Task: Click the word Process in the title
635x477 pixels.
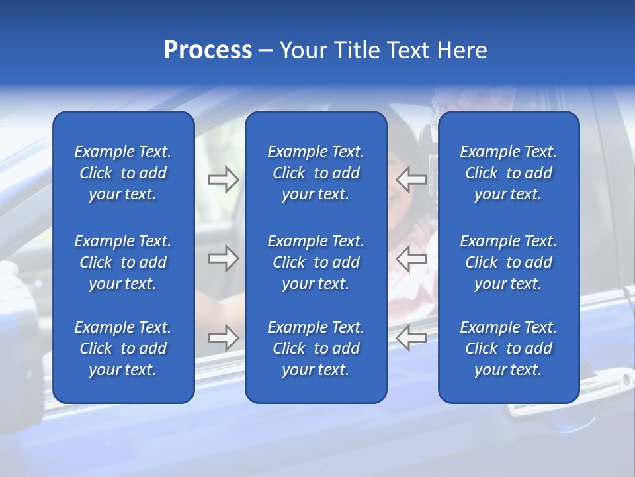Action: pyautogui.click(x=208, y=50)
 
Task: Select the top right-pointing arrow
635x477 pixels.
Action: pyautogui.click(x=224, y=179)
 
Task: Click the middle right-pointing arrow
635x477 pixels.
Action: pyautogui.click(x=224, y=258)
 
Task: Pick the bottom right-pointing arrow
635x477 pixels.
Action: pyautogui.click(x=224, y=338)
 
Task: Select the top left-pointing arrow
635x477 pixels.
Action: pyautogui.click(x=411, y=179)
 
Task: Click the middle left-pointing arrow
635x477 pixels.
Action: pyautogui.click(x=411, y=258)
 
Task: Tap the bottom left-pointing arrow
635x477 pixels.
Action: pyautogui.click(x=411, y=338)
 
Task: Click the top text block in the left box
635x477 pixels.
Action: pyautogui.click(x=123, y=173)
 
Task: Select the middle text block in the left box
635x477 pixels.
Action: pyautogui.click(x=123, y=262)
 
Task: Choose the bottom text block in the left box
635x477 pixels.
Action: pyautogui.click(x=123, y=348)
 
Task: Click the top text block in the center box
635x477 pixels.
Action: pyautogui.click(x=316, y=173)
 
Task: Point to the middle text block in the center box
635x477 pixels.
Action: pyautogui.click(x=316, y=262)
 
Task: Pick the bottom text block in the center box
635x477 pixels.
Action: pyautogui.click(x=316, y=348)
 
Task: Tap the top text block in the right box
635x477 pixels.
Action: pyautogui.click(x=508, y=173)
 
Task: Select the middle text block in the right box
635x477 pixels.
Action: pyautogui.click(x=508, y=262)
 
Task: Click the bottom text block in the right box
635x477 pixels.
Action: pyautogui.click(x=508, y=348)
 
